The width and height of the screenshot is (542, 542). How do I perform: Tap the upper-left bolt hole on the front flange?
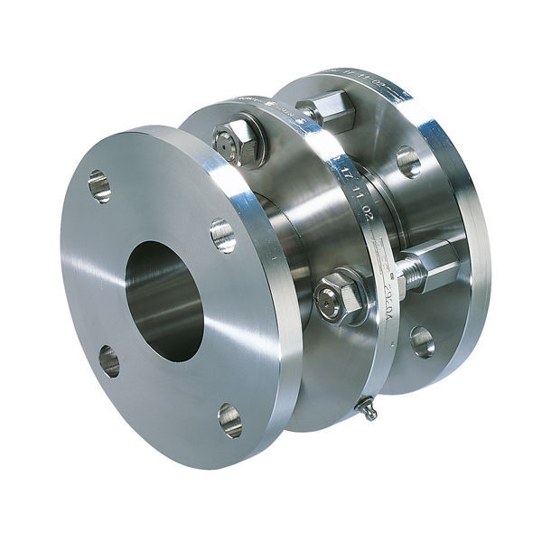point(99,186)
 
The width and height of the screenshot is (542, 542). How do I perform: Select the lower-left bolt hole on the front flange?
point(108,360)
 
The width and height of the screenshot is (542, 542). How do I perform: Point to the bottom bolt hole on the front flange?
point(229,420)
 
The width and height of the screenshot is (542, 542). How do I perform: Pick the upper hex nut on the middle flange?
point(236,140)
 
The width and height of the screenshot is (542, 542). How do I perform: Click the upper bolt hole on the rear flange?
point(407,162)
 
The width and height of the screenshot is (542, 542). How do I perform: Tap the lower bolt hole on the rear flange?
point(421,341)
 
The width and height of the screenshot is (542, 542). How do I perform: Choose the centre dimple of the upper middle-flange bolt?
point(228,140)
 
